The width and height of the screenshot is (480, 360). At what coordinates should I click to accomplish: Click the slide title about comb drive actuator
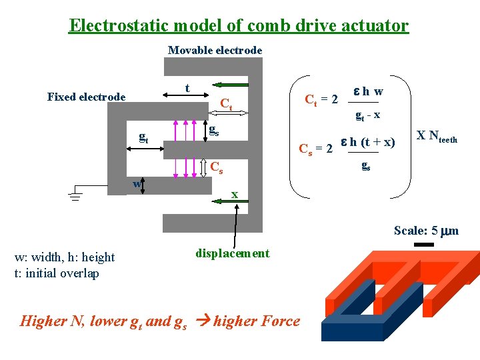(239, 26)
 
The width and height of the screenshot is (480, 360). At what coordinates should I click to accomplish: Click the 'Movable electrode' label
(215, 50)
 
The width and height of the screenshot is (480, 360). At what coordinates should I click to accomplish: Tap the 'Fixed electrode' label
(86, 97)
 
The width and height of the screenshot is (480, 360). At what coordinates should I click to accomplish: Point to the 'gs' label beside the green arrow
(214, 130)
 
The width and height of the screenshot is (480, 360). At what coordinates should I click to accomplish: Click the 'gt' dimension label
(143, 137)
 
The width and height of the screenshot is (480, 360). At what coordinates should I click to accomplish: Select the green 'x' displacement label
(235, 194)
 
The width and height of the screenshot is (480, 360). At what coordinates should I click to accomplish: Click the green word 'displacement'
(232, 253)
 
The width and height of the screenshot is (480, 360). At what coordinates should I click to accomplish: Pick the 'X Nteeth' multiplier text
(437, 137)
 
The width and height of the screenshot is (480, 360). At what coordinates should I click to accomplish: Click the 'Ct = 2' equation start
(321, 100)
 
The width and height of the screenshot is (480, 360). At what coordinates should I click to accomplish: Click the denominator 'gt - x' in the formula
(367, 115)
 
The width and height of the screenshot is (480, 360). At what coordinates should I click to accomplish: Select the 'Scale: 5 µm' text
(426, 231)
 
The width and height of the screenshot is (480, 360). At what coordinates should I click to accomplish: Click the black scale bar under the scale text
(423, 245)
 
